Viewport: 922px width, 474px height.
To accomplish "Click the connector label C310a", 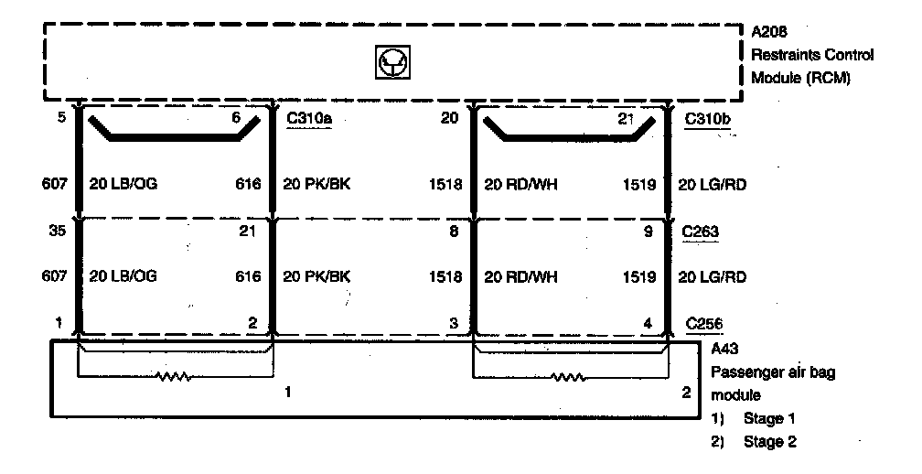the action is click(x=308, y=118).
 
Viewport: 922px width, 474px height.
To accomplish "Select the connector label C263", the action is click(x=702, y=232).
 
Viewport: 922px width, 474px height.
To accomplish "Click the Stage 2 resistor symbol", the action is click(x=567, y=375).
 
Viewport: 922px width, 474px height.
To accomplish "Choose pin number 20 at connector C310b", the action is click(x=449, y=117).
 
